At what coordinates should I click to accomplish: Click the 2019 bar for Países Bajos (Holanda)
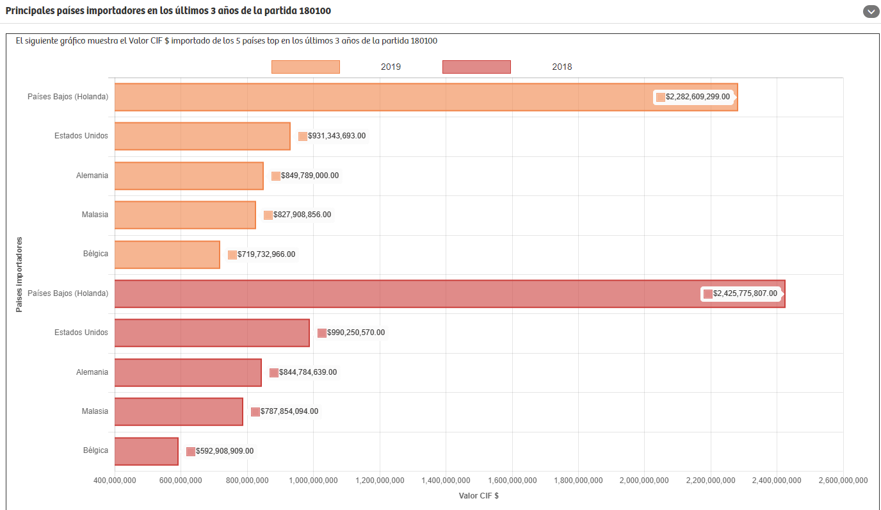[x=384, y=97]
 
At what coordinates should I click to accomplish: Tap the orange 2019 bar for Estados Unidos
[x=202, y=136]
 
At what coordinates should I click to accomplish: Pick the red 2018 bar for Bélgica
[x=147, y=452]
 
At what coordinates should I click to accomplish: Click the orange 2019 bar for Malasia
[x=185, y=215]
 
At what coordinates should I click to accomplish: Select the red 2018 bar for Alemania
[x=188, y=373]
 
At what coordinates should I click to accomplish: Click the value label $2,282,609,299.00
[x=697, y=97]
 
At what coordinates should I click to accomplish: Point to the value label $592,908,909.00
[x=224, y=451]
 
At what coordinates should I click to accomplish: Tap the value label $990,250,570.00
[x=355, y=333]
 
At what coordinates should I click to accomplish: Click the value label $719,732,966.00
[x=266, y=254]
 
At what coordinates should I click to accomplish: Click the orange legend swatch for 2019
[x=305, y=67]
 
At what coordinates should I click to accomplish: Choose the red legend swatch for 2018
[x=476, y=67]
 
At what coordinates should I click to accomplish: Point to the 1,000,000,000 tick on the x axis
[x=313, y=481]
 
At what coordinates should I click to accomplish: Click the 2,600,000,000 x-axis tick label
[x=843, y=481]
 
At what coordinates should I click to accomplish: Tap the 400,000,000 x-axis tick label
[x=115, y=481]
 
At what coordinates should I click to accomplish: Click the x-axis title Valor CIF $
[x=479, y=496]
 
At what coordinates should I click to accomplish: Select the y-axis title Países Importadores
[x=19, y=275]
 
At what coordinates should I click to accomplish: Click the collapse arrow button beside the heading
[x=870, y=12]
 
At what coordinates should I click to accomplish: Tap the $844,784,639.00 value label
[x=307, y=372]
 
